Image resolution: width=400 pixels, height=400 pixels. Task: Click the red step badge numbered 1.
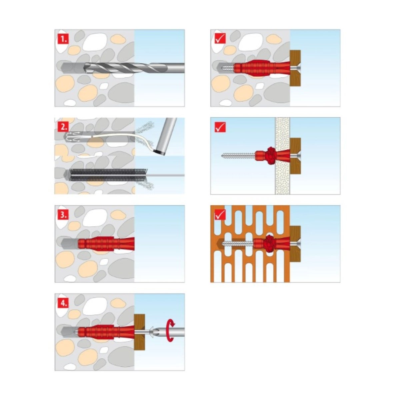(63, 39)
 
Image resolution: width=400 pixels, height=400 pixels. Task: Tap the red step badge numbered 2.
(63, 127)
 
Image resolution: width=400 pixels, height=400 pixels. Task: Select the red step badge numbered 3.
(63, 215)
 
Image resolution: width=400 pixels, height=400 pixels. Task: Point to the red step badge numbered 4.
(63, 303)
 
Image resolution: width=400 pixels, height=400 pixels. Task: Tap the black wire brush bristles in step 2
(108, 175)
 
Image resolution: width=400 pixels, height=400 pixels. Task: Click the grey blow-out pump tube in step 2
(165, 136)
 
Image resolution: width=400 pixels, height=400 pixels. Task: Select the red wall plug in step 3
(106, 244)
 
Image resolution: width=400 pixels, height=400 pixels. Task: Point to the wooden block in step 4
(139, 332)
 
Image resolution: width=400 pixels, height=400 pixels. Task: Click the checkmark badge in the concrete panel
(220, 39)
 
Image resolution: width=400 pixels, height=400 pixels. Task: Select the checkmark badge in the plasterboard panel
(220, 127)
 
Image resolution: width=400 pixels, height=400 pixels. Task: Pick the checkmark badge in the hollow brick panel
(220, 215)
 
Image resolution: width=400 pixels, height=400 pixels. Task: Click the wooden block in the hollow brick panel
(295, 244)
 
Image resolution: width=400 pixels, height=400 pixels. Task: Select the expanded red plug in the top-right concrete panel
(262, 68)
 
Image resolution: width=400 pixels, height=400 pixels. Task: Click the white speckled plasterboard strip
(283, 156)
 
